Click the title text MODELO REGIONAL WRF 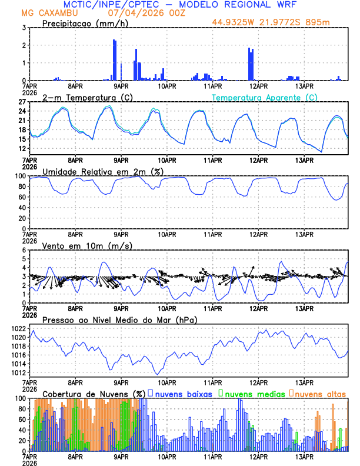[x=247, y=5]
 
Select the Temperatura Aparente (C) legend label [x=264, y=97]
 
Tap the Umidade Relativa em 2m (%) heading [x=103, y=171]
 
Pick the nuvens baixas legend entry [x=183, y=394]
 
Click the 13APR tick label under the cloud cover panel [x=304, y=457]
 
